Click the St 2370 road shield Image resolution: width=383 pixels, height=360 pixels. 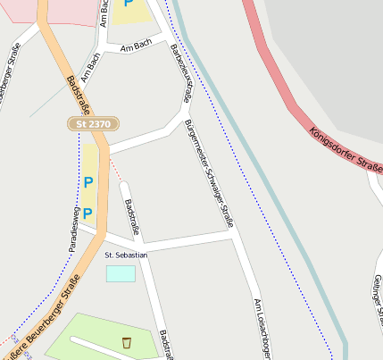pos(92,124)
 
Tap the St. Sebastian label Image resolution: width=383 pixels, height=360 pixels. pos(126,255)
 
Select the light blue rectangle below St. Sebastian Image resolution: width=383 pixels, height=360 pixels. pos(121,273)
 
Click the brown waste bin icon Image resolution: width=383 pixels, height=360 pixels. pos(127,342)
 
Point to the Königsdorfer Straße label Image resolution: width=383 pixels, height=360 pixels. pos(345,148)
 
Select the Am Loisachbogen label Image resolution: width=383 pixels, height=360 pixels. pos(261,328)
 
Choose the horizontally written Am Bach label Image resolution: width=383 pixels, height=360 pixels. pos(137,44)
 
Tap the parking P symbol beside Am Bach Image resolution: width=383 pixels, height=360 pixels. pos(129,4)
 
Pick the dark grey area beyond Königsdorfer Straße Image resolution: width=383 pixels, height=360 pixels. pos(330,54)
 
